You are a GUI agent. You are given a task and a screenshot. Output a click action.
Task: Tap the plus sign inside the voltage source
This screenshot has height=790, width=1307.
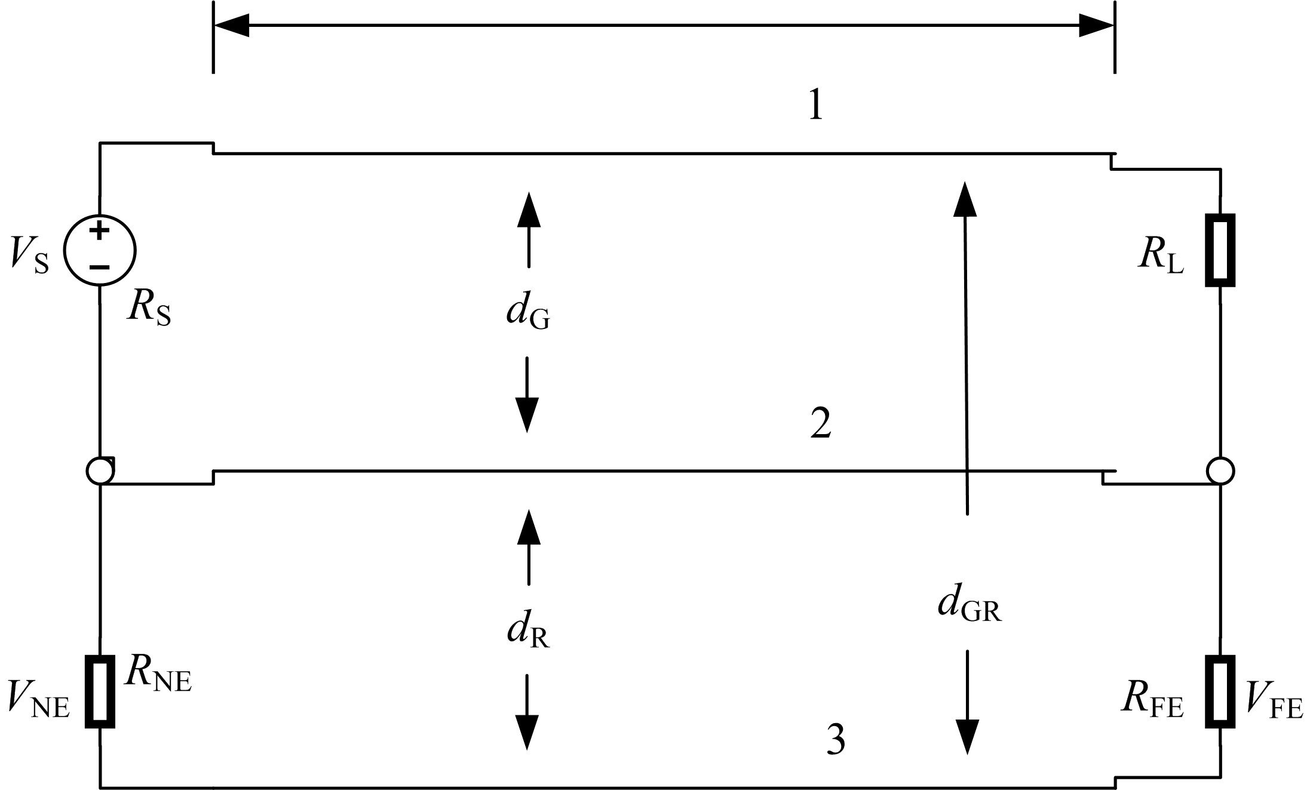[100, 230]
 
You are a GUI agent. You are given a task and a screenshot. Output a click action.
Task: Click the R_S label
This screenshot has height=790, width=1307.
[148, 309]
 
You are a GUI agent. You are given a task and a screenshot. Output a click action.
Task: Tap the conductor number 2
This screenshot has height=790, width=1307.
[821, 425]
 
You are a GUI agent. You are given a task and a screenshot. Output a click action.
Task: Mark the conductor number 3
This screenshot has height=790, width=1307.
[836, 741]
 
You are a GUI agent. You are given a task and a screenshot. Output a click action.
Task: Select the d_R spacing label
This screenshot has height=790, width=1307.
[528, 631]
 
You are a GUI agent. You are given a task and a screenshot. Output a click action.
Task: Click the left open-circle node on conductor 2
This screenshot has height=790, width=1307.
[100, 471]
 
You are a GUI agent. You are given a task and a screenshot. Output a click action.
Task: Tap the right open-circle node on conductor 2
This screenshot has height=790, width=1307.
[1220, 471]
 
